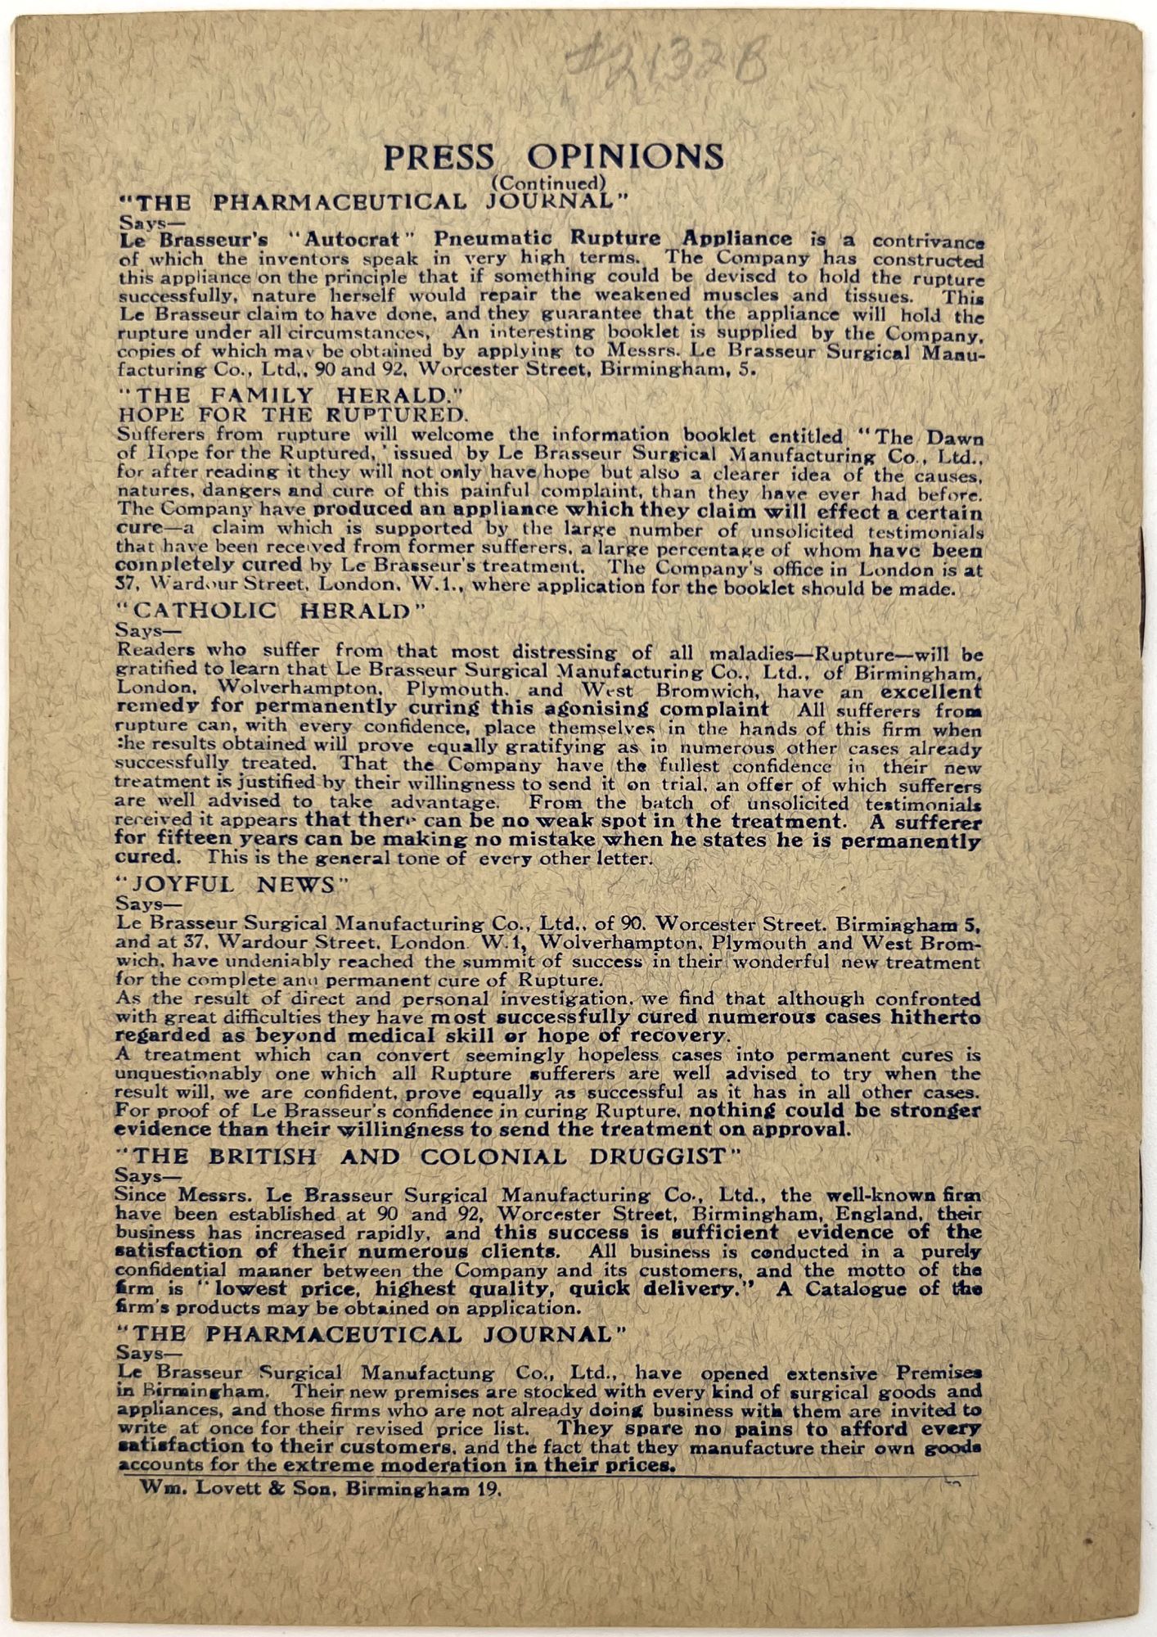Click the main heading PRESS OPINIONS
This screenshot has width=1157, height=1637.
(x=553, y=157)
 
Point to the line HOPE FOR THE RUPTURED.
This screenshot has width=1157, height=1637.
(x=294, y=414)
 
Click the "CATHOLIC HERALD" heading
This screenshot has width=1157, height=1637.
(x=262, y=611)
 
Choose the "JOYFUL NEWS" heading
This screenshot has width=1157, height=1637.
(x=232, y=885)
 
